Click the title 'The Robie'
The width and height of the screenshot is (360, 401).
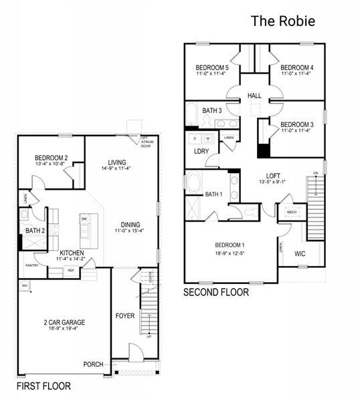coord(282,21)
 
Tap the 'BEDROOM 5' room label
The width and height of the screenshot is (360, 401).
coord(212,68)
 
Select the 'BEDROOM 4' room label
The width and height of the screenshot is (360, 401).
coord(296,68)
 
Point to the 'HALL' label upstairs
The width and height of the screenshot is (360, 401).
coord(254,96)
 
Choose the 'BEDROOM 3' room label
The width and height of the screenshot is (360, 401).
coord(296,125)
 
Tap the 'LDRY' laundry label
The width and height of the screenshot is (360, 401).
coord(201,151)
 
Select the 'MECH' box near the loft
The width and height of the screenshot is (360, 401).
coord(292,213)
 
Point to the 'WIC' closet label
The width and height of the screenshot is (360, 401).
coord(300,253)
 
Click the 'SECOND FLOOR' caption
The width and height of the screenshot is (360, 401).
coord(216,292)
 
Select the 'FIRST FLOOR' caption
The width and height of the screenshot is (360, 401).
coord(43,386)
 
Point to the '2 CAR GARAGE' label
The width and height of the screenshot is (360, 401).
coord(65,321)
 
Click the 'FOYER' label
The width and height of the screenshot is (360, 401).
coord(125,315)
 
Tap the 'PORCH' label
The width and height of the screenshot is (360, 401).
coord(93,364)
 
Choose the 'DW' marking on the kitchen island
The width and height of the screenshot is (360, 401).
coord(84,219)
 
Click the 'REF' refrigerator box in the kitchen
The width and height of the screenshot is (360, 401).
coord(70,270)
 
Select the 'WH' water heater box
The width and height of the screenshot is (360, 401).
coord(25,285)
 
